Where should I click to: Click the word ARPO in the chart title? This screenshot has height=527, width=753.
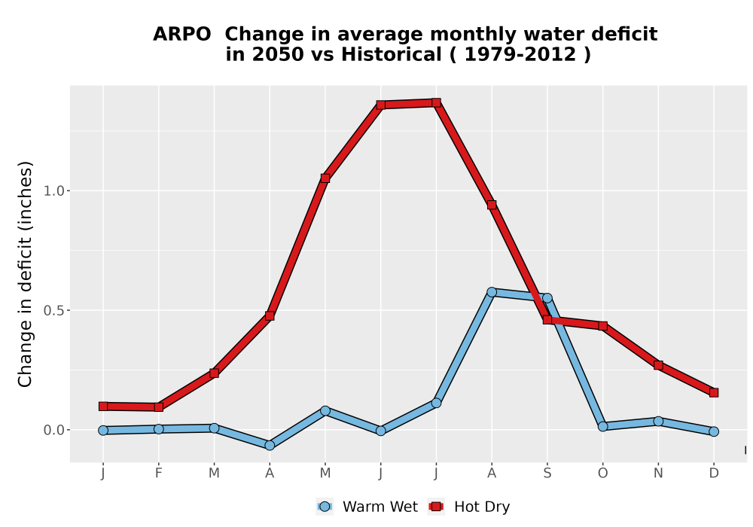click(x=181, y=35)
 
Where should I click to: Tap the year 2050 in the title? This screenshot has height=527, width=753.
click(x=278, y=55)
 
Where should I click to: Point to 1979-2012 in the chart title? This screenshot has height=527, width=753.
click(x=520, y=55)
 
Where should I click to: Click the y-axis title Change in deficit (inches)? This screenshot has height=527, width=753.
click(x=25, y=274)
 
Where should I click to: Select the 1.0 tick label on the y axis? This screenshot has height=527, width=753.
click(x=53, y=191)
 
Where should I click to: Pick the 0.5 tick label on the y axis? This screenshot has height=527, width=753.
click(x=53, y=310)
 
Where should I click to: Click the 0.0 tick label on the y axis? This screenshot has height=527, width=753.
click(x=53, y=430)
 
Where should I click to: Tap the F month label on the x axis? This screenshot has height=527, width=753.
click(x=158, y=474)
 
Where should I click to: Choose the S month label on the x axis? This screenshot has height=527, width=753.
click(x=547, y=474)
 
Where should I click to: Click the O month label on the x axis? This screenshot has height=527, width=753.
click(x=602, y=474)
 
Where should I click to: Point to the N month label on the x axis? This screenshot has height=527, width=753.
click(x=658, y=474)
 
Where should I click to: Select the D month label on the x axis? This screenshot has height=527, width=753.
click(x=714, y=474)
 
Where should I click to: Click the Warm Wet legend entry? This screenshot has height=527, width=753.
click(x=367, y=507)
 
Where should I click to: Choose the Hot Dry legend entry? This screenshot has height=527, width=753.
click(x=469, y=507)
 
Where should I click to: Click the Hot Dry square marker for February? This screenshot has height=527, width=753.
click(x=158, y=407)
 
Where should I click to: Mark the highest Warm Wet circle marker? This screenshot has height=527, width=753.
click(x=492, y=292)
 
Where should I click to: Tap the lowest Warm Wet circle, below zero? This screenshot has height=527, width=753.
click(x=270, y=446)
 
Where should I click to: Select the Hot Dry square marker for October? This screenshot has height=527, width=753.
click(x=602, y=326)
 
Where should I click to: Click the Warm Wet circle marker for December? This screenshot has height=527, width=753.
click(x=714, y=431)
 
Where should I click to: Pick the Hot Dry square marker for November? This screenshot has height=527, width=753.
click(x=658, y=365)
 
